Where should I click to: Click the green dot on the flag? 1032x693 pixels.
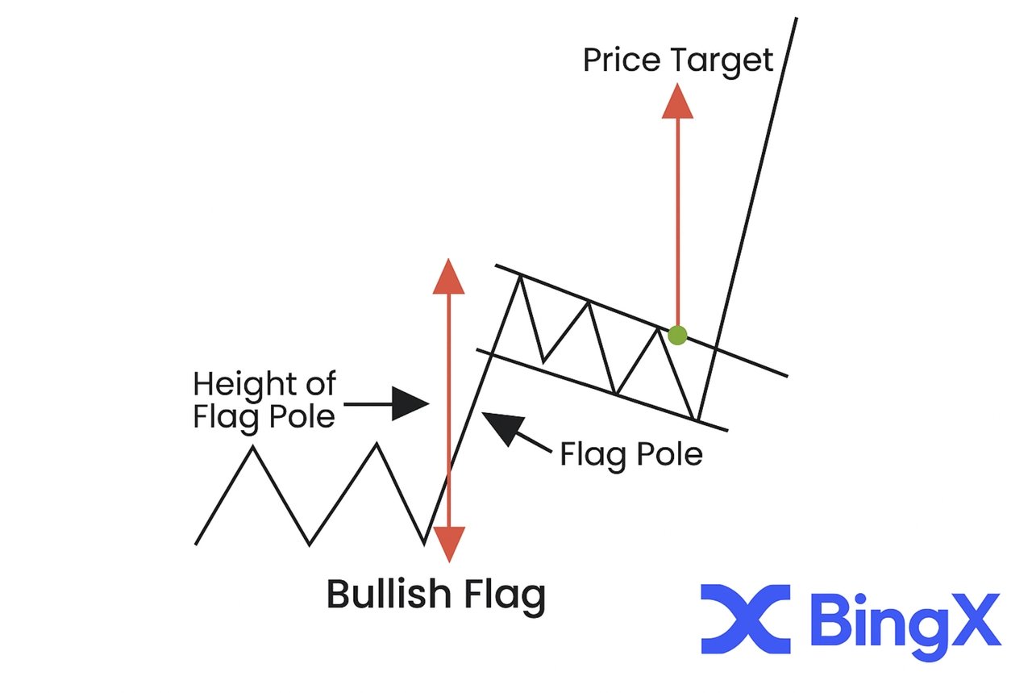click(x=677, y=335)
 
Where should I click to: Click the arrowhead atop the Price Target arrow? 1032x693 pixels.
click(x=677, y=102)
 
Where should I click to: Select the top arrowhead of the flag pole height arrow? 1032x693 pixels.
click(x=448, y=277)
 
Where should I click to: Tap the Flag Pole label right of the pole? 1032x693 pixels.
click(x=630, y=455)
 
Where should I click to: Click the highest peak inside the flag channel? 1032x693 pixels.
click(x=520, y=277)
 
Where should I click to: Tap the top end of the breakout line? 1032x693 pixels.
click(x=796, y=18)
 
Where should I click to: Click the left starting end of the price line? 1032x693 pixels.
click(x=197, y=543)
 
